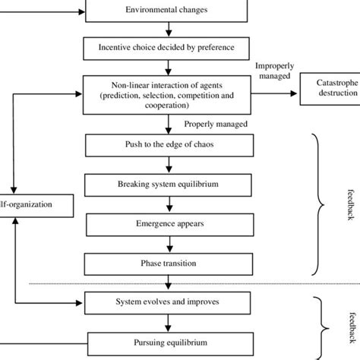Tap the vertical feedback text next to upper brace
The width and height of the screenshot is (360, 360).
pos(344,203)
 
